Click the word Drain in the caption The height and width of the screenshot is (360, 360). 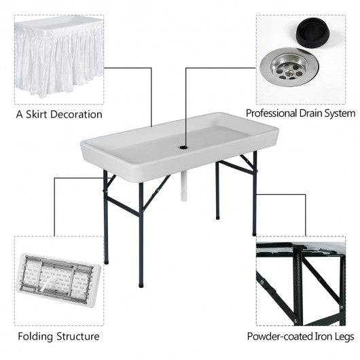[317, 113]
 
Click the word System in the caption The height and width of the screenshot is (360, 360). [344, 113]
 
